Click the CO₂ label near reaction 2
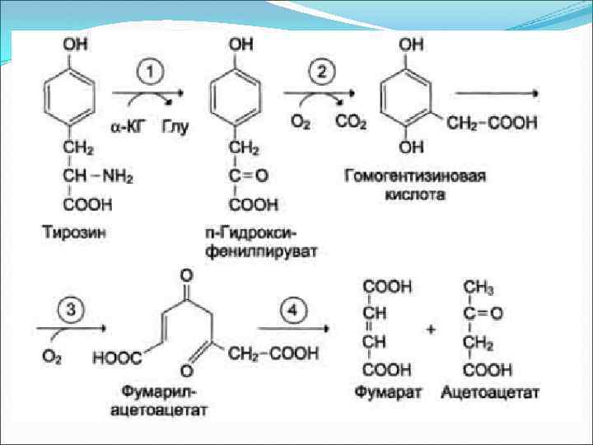[351, 122]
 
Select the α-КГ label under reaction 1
[129, 128]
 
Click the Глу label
[175, 128]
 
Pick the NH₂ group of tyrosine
[119, 176]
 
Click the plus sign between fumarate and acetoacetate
[431, 329]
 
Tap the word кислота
[414, 195]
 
